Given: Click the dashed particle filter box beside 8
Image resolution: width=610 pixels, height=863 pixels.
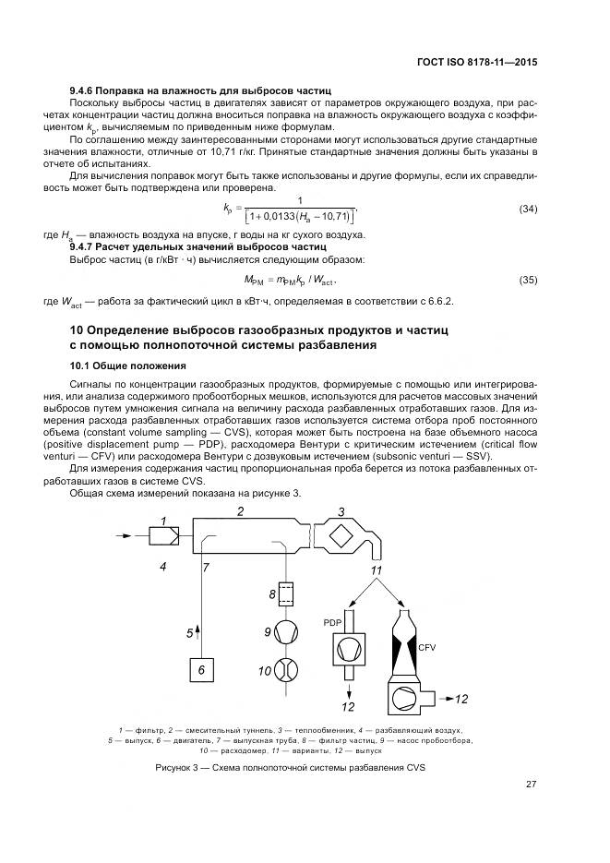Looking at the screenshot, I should tap(288, 593).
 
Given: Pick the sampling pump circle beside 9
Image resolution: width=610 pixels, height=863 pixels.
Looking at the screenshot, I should tap(288, 632).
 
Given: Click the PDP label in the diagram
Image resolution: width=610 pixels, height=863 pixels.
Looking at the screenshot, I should tap(332, 623).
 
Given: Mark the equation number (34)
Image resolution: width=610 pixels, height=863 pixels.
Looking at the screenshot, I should tap(528, 209).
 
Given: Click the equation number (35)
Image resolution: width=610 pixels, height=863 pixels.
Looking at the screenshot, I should tap(528, 279).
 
